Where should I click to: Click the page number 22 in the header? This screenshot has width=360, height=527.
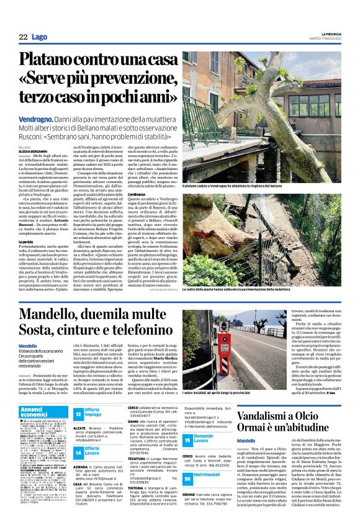point(23,37)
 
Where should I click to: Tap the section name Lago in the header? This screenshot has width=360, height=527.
point(39,37)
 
